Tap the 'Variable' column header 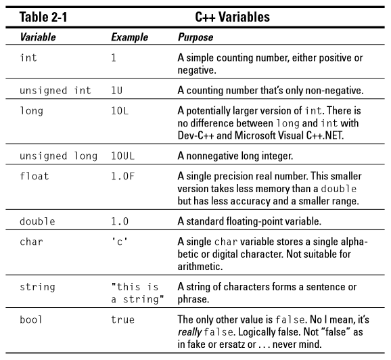click(x=38, y=38)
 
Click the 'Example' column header click(x=129, y=38)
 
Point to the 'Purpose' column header click(x=195, y=38)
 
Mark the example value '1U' click(x=116, y=91)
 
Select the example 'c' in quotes click(x=119, y=243)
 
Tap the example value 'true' click(x=122, y=319)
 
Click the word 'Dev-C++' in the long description click(x=194, y=135)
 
